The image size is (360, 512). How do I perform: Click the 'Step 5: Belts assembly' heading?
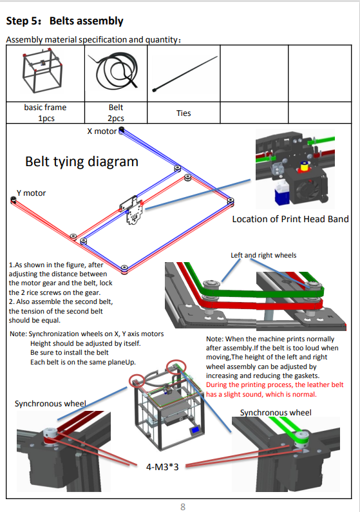[x=64, y=21]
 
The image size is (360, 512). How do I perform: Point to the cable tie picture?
[x=184, y=74]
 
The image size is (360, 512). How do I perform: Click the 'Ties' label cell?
[x=184, y=113]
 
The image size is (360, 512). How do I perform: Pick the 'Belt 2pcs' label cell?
[x=116, y=113]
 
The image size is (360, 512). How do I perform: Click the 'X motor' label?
[x=102, y=131]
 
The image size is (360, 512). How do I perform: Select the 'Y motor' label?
[x=31, y=193]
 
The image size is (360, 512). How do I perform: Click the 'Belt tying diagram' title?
[x=82, y=162]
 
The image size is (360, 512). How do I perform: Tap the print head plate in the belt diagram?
[x=132, y=211]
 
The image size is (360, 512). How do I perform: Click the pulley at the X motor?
[x=122, y=130]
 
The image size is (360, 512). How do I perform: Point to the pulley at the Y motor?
[x=14, y=199]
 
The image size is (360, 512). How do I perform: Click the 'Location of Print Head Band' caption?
[x=290, y=219]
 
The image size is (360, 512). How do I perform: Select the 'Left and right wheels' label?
[x=263, y=255]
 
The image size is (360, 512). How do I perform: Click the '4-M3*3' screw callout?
[x=162, y=467]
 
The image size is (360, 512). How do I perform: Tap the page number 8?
[x=183, y=507]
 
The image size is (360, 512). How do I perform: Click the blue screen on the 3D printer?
[x=196, y=430]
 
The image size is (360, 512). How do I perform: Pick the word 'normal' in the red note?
[x=305, y=394]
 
